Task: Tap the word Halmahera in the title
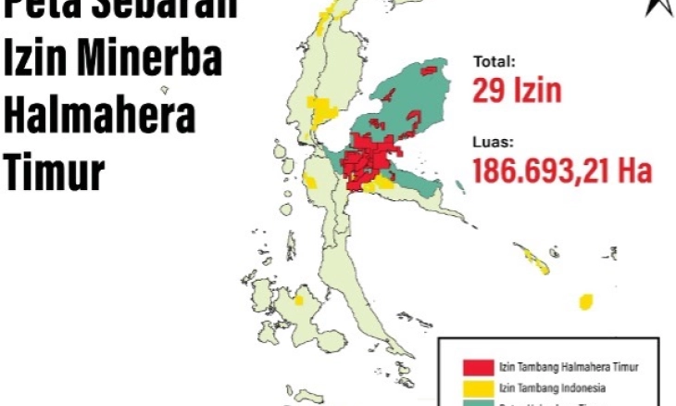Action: (x=98, y=118)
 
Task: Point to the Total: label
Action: (x=494, y=64)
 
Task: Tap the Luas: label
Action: (x=493, y=143)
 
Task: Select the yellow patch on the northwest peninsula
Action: (x=323, y=112)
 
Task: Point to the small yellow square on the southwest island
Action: (x=299, y=300)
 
